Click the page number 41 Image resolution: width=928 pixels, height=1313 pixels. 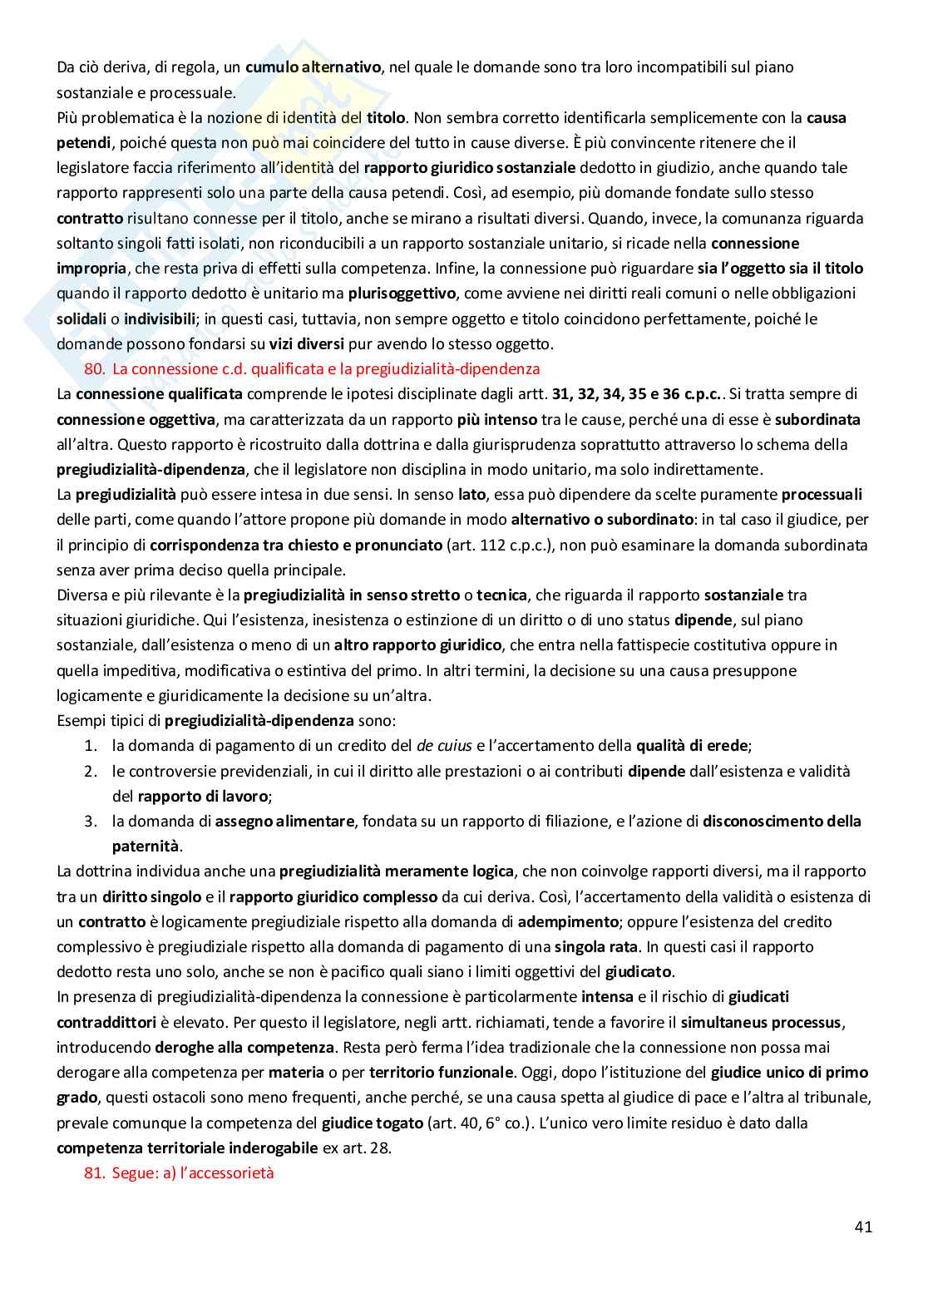tap(862, 1227)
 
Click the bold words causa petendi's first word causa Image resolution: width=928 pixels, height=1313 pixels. tap(826, 117)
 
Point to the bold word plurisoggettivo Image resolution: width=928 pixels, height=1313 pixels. tap(402, 293)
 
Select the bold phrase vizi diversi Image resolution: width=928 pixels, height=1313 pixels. tap(304, 343)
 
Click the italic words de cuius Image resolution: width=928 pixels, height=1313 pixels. tap(444, 746)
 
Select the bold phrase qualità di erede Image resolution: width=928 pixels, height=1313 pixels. tap(693, 746)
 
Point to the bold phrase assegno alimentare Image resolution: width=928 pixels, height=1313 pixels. tap(284, 822)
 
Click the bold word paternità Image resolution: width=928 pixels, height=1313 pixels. tap(146, 847)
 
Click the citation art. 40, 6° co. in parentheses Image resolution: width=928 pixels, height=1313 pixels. tap(477, 1123)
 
